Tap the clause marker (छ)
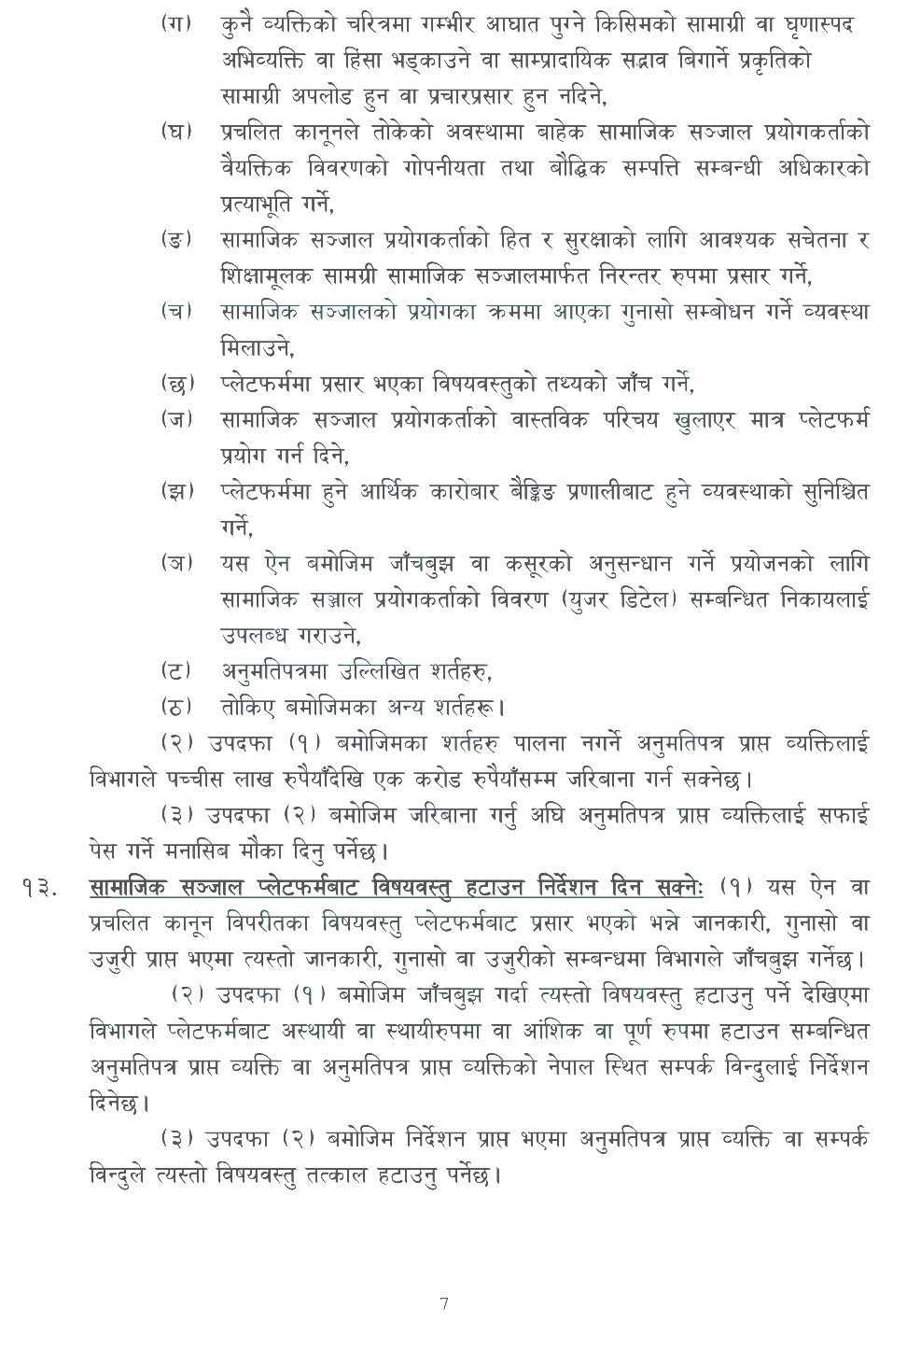click(x=176, y=383)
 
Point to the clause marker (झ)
click(x=176, y=491)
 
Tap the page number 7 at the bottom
click(x=444, y=1304)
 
